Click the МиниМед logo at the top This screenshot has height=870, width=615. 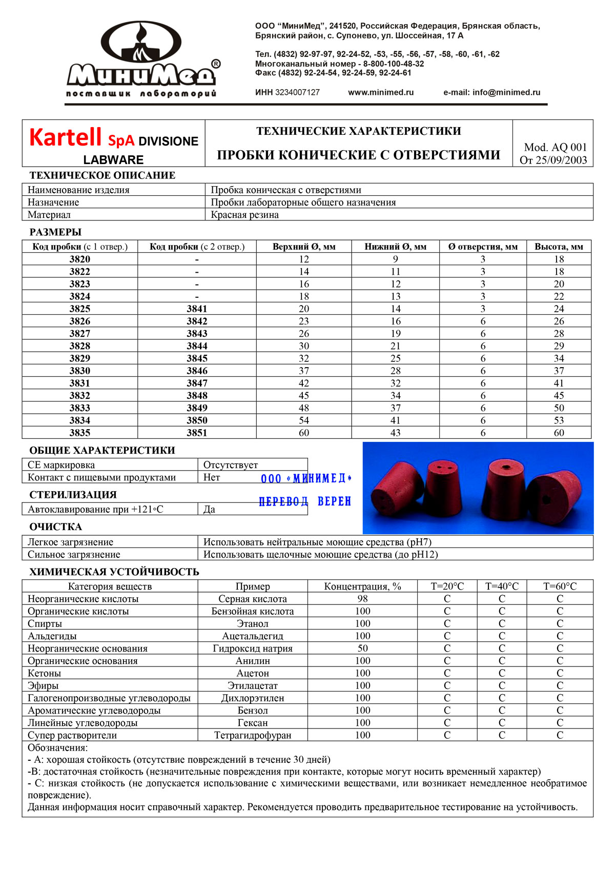click(141, 59)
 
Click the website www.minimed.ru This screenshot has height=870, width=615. click(381, 93)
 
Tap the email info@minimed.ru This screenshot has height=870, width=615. click(491, 93)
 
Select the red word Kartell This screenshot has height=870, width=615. click(65, 138)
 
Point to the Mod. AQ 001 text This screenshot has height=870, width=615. click(555, 148)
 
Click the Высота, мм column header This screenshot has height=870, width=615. click(559, 247)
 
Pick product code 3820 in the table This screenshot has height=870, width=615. click(80, 259)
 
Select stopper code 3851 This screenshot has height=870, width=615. click(197, 433)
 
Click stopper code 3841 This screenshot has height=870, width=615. click(197, 309)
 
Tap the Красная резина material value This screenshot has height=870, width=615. click(245, 215)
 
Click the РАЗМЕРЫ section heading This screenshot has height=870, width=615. click(55, 232)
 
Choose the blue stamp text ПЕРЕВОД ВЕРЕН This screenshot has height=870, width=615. click(305, 501)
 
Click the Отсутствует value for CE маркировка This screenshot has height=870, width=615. click(231, 465)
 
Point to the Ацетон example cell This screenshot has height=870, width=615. click(253, 673)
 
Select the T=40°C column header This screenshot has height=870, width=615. click(502, 586)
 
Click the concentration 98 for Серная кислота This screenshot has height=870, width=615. click(362, 599)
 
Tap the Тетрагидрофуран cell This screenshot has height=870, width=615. click(253, 735)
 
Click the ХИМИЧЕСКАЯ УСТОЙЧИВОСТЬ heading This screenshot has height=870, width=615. click(114, 572)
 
